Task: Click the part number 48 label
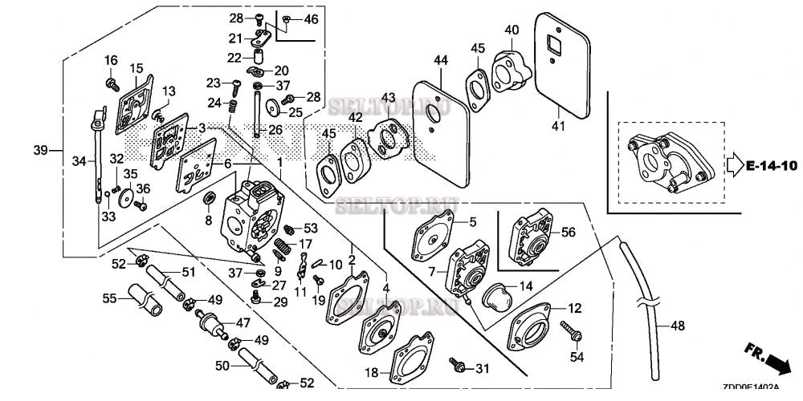(679, 326)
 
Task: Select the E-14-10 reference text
(771, 166)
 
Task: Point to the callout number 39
(41, 149)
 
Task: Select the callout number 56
(568, 232)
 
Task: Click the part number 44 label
(440, 61)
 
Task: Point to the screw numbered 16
(112, 81)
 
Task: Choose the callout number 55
(110, 298)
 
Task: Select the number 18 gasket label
(371, 373)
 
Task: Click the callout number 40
(512, 30)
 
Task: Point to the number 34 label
(78, 162)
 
